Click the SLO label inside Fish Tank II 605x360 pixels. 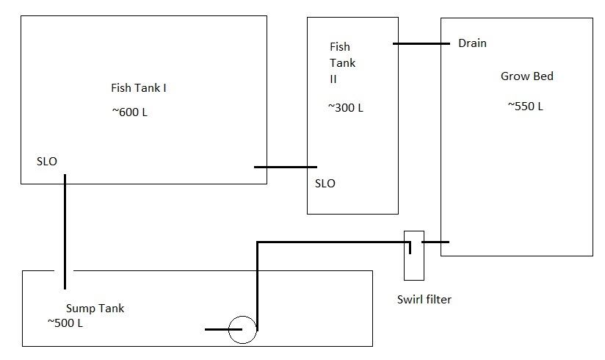[325, 183]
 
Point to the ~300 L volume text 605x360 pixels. [345, 108]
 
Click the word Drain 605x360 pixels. [472, 43]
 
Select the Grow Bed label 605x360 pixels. [526, 76]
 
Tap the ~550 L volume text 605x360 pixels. [525, 106]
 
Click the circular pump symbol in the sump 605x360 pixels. [242, 330]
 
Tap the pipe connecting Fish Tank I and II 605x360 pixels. [286, 167]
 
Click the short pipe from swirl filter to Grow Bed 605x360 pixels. [435, 242]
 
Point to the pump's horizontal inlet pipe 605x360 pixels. [217, 330]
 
